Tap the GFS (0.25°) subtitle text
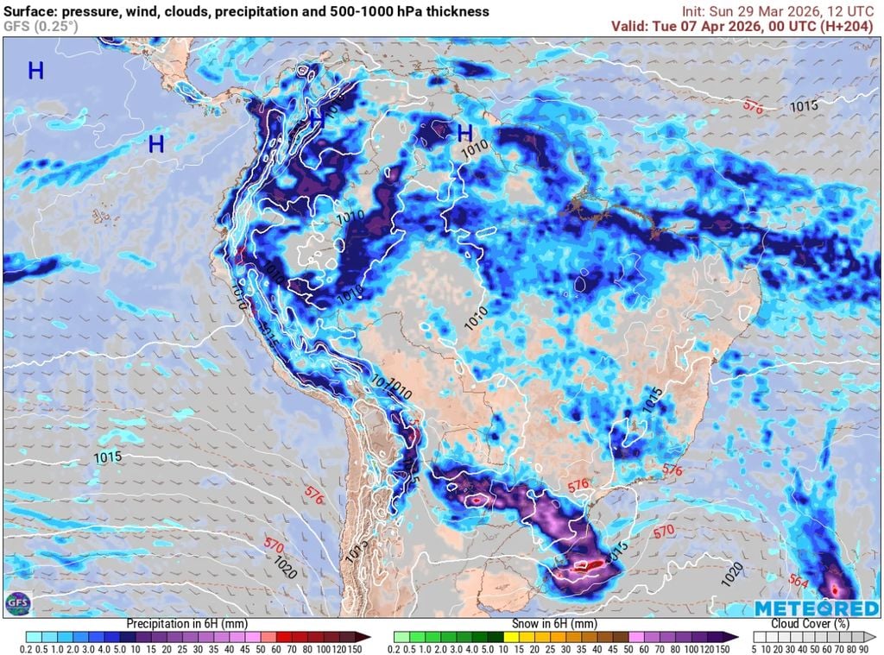(41, 26)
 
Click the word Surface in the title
(32, 11)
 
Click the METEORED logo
(805, 609)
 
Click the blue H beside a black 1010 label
(464, 133)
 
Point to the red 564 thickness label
(799, 582)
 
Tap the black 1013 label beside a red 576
(804, 106)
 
